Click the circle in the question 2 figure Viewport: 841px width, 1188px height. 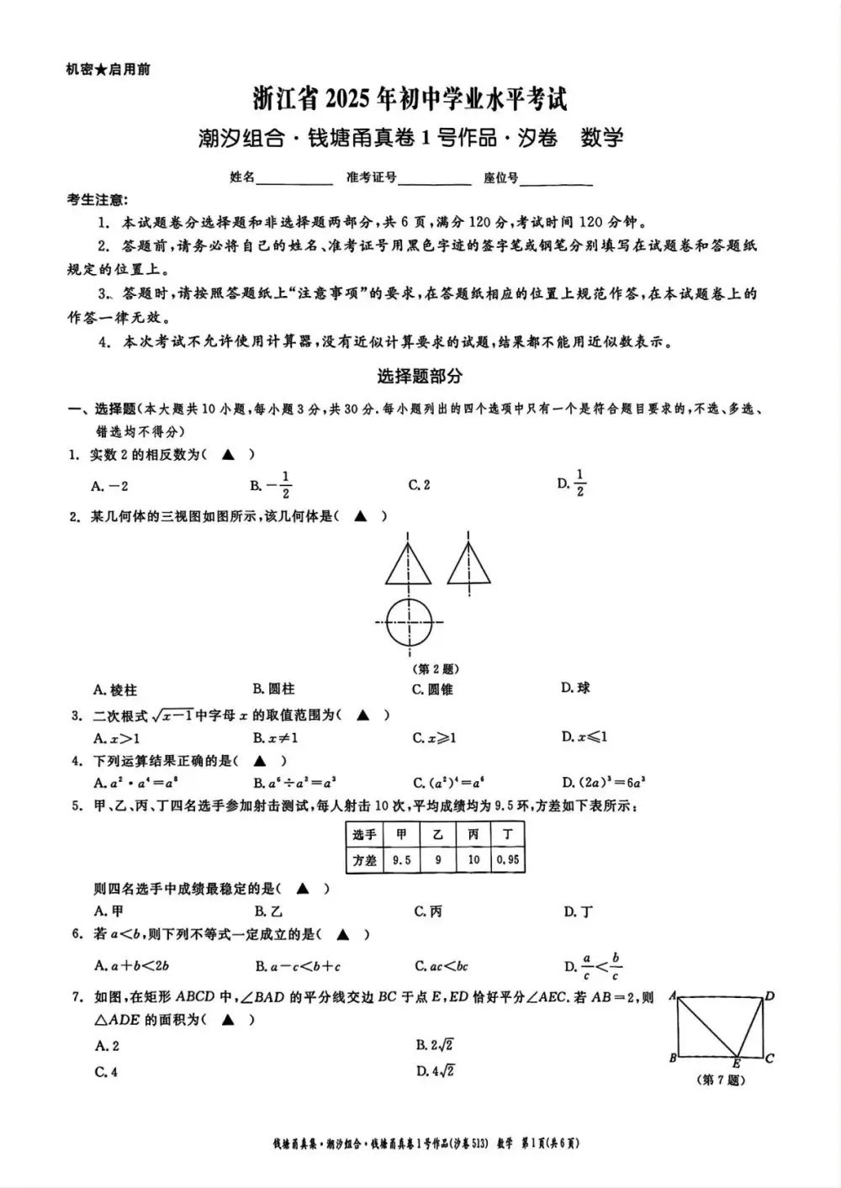[x=409, y=621]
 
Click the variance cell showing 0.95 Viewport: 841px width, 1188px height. [x=508, y=860]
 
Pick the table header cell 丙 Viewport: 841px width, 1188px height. [x=473, y=834]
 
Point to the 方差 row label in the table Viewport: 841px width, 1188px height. [x=364, y=860]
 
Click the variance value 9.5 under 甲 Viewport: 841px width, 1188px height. [x=401, y=860]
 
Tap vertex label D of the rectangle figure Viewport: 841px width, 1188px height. [x=770, y=996]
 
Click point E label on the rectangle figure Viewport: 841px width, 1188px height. [x=736, y=1064]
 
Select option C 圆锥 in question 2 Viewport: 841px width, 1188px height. [x=433, y=689]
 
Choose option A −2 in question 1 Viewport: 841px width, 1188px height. [x=110, y=486]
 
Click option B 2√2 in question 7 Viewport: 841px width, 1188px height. [x=435, y=1045]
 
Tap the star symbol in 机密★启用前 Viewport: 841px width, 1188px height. [x=101, y=70]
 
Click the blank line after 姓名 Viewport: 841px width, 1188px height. [x=294, y=178]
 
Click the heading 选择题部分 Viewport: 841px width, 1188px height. [x=420, y=377]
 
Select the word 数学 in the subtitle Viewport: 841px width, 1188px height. [x=602, y=137]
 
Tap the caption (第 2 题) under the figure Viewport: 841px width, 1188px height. [x=436, y=669]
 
